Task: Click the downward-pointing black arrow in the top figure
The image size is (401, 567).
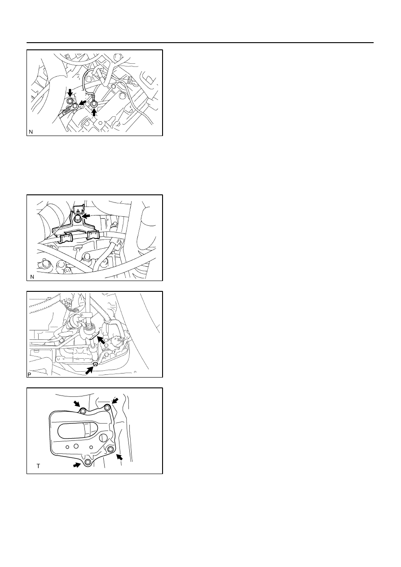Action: click(x=70, y=93)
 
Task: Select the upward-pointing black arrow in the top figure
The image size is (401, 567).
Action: click(x=94, y=112)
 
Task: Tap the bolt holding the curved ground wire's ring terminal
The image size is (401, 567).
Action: click(x=94, y=103)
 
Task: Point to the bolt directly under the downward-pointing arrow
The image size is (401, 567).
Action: click(x=70, y=101)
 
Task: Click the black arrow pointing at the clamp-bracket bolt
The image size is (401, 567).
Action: click(x=87, y=216)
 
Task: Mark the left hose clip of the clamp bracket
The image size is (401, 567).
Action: click(x=66, y=238)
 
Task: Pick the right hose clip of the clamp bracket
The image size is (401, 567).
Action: click(x=93, y=235)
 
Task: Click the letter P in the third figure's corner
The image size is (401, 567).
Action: click(x=29, y=374)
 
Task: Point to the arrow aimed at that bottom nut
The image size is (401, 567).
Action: click(x=89, y=370)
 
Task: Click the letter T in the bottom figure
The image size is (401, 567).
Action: click(x=38, y=466)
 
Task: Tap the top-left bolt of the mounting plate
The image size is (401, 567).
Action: click(x=83, y=411)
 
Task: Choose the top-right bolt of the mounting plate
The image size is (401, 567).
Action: click(x=107, y=407)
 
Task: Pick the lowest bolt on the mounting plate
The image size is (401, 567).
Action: click(x=88, y=462)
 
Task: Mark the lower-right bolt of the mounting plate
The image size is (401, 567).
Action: click(x=110, y=449)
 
